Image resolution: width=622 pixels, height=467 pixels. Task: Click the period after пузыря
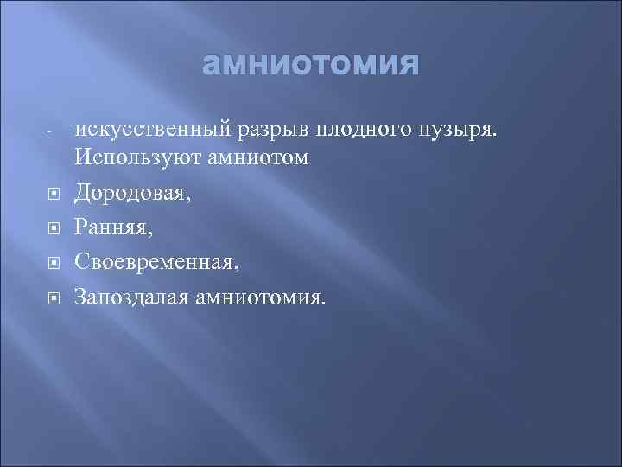pyautogui.click(x=497, y=137)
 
